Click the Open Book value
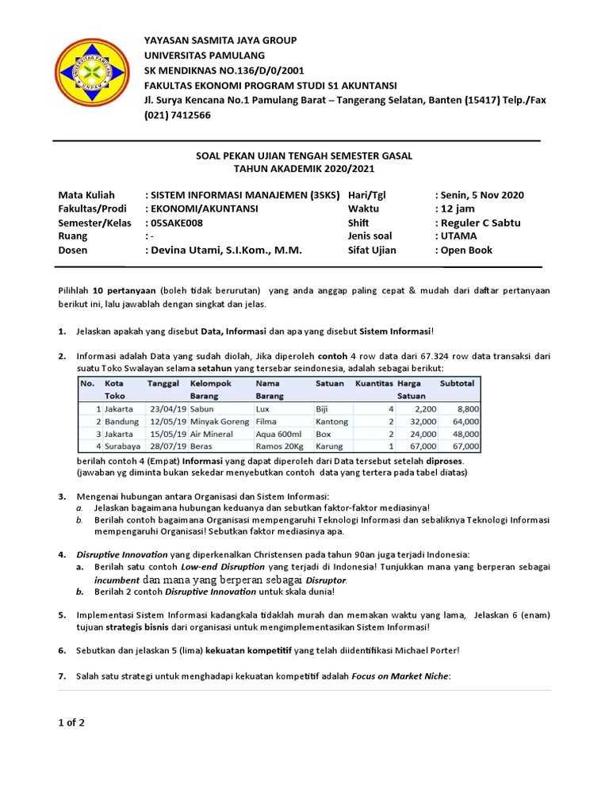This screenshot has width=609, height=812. coord(466,250)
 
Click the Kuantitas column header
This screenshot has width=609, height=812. coord(373,383)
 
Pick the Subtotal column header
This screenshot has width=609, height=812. coord(457,383)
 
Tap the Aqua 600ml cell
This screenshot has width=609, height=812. coord(278,434)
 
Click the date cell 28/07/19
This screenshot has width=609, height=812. coord(168,446)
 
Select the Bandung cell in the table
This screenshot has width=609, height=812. coord(122,422)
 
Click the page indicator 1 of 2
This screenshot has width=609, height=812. coord(71,722)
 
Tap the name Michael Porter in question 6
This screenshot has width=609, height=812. coord(425,650)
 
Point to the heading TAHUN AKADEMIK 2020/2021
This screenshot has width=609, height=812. coord(304,169)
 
